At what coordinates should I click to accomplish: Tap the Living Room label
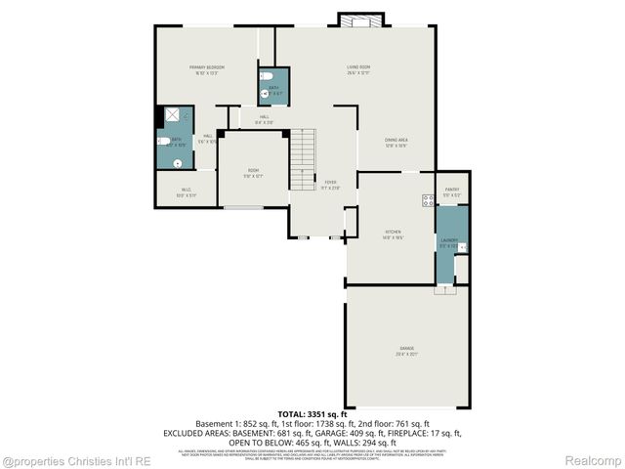[357, 68]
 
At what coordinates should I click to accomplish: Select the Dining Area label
[396, 142]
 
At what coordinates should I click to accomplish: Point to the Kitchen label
[394, 234]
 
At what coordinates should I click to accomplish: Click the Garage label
[405, 350]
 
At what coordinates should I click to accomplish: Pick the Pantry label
[451, 191]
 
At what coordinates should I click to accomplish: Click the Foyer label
[331, 184]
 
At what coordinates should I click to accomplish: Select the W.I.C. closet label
[186, 192]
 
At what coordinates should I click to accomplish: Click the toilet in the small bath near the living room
[265, 94]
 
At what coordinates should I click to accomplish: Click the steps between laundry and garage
[444, 288]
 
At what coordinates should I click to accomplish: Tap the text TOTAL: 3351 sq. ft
[312, 415]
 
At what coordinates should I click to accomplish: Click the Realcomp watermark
[596, 460]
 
